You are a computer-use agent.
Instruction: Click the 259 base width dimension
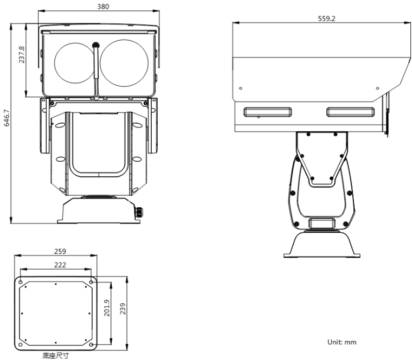pyautogui.click(x=61, y=251)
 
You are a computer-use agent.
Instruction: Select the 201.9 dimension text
pyautogui.click(x=107, y=308)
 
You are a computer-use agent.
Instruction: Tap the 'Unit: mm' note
pyautogui.click(x=342, y=342)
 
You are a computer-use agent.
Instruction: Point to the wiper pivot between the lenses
pyautogui.click(x=95, y=45)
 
